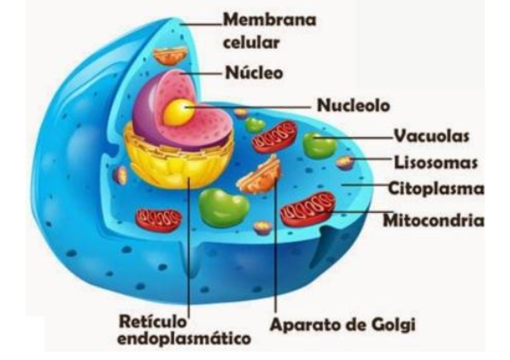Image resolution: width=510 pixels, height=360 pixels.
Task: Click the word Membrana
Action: tap(270, 20)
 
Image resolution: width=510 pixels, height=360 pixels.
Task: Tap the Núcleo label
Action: tap(254, 73)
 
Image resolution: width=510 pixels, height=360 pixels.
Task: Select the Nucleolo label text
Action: tap(353, 105)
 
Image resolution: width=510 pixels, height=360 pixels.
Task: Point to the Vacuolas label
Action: tap(431, 135)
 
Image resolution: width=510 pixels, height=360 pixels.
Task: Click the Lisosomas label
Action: tap(436, 162)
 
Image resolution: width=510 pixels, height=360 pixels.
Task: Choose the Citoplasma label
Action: tap(437, 188)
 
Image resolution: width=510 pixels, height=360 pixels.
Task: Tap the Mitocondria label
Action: tap(434, 221)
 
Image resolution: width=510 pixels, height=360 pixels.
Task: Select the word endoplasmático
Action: tap(184, 339)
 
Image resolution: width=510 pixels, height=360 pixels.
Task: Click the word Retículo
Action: tap(153, 322)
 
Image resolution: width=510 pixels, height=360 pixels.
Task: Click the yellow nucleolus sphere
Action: tap(179, 113)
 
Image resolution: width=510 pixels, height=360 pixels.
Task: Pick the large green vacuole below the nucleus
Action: tap(224, 208)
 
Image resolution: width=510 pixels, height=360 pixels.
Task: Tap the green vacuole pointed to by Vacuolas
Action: tap(319, 145)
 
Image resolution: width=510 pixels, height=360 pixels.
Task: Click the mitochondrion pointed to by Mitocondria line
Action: tap(308, 209)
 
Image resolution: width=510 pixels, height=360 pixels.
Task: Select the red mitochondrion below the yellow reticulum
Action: tap(158, 220)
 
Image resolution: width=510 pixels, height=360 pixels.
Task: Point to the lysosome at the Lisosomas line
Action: tap(345, 162)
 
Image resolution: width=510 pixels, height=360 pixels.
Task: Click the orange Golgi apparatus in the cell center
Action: tap(261, 176)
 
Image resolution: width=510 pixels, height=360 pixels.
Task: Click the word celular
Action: tap(251, 43)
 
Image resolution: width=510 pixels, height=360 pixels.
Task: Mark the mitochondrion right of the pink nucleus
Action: tap(275, 137)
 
